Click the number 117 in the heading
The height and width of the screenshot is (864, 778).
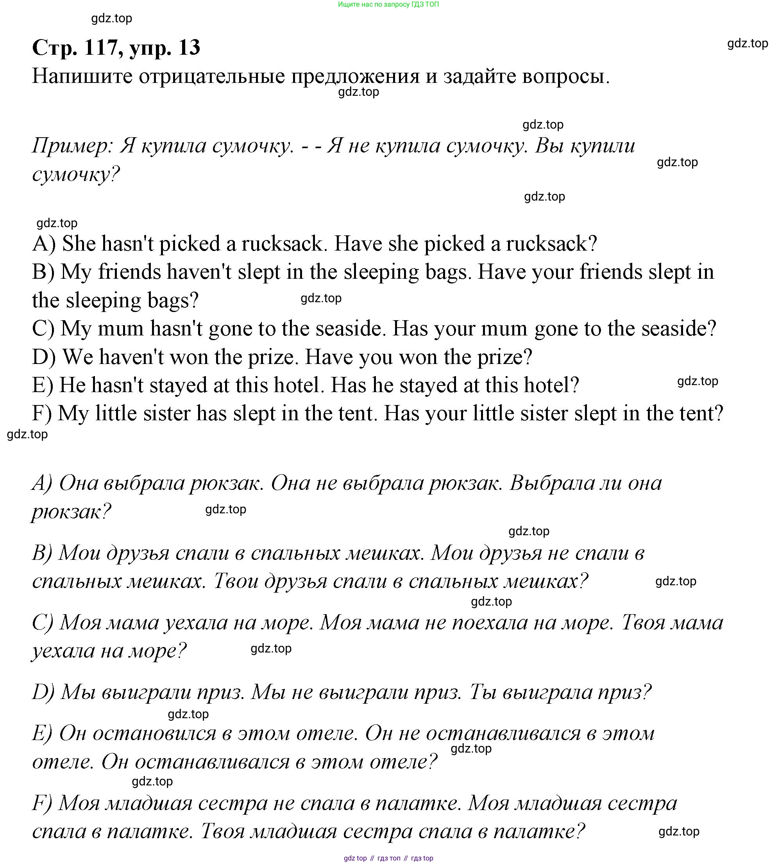click(x=101, y=47)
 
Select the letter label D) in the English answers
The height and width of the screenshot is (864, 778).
click(x=44, y=357)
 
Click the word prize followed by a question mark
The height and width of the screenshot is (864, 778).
click(x=504, y=357)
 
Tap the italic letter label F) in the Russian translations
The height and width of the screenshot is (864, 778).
click(x=42, y=804)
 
